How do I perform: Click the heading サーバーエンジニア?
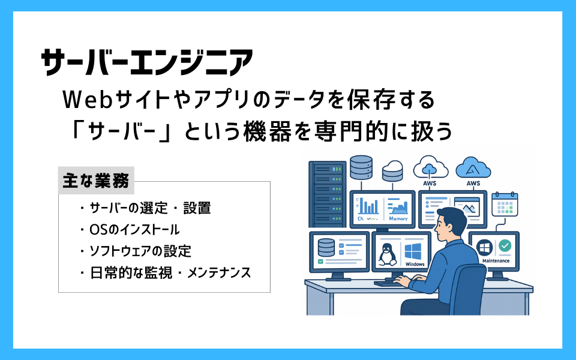[x=147, y=62]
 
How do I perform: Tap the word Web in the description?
[x=87, y=100]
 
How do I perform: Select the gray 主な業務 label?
[x=96, y=181]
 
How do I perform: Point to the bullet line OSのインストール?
[x=130, y=230]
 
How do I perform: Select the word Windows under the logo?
[x=415, y=264]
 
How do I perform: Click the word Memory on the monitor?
[x=398, y=218]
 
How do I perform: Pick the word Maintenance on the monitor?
[x=496, y=261]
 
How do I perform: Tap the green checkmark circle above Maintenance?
[x=505, y=246]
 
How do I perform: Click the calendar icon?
[x=505, y=204]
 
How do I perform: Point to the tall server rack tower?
[x=328, y=194]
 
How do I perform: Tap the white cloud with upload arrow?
[x=431, y=167]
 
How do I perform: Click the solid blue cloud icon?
[x=473, y=168]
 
